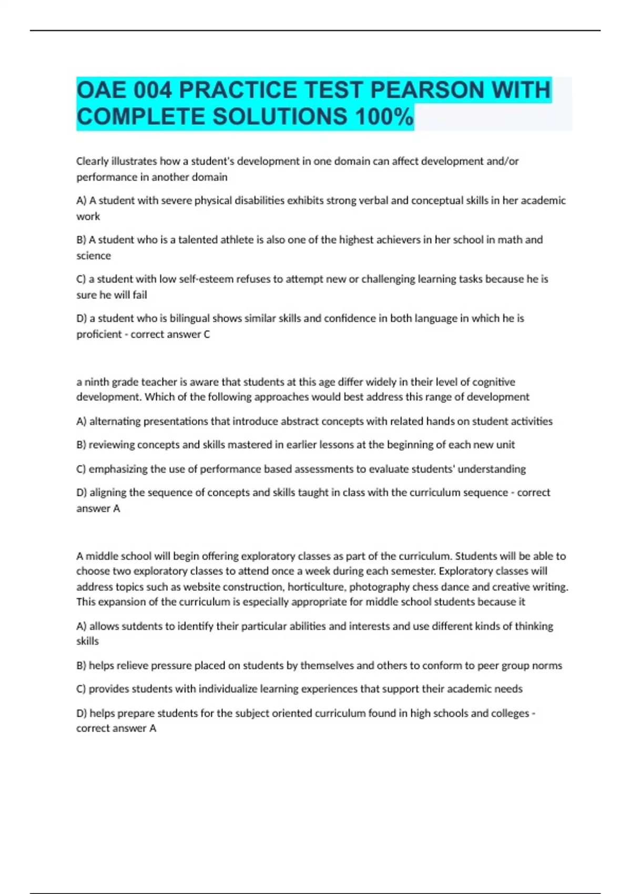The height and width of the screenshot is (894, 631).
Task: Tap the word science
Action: click(x=94, y=256)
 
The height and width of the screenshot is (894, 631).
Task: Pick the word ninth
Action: click(x=96, y=382)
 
